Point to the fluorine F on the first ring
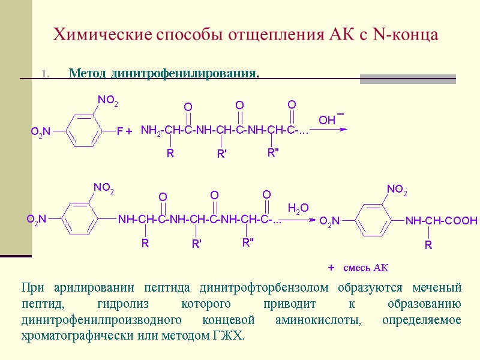coord(119,130)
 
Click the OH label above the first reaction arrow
coord(327,121)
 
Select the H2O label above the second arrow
coord(298,208)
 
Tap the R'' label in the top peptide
coord(274,153)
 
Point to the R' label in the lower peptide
coord(196,244)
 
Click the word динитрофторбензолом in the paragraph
coord(258,287)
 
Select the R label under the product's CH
coord(428,245)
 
